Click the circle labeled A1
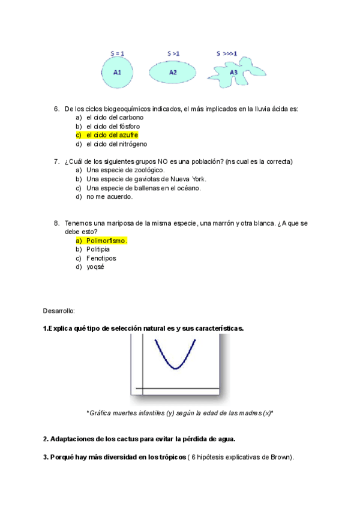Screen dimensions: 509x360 (x=118, y=73)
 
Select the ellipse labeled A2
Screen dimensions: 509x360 (x=173, y=73)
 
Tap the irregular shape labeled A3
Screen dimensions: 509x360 (x=234, y=73)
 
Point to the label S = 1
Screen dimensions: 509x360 (x=118, y=53)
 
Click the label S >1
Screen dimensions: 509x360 (x=173, y=53)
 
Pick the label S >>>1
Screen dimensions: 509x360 (x=227, y=53)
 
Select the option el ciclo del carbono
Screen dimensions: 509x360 (x=115, y=118)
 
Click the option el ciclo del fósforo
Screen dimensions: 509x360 (x=113, y=127)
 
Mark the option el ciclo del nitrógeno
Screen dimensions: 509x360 (x=116, y=144)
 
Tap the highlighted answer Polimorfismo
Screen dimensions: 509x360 (x=107, y=241)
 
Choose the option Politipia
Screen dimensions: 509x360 (x=98, y=249)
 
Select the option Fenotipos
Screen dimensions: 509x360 (x=101, y=258)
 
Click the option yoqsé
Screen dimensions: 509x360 (x=95, y=267)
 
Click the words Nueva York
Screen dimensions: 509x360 (x=188, y=179)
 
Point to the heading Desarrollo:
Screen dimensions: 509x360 (x=59, y=311)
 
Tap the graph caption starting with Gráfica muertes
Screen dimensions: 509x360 (x=180, y=413)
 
